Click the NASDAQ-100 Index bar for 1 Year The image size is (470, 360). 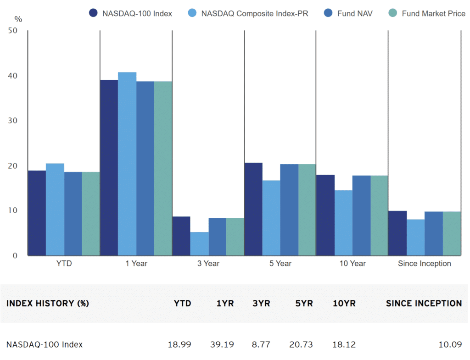point(109,168)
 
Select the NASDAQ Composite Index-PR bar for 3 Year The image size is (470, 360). point(199,244)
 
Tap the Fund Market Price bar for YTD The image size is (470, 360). point(91,214)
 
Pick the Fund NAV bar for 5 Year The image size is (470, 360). point(289,210)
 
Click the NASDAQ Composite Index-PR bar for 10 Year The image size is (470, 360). point(343,223)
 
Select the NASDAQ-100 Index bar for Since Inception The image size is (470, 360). point(397,233)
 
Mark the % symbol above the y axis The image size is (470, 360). point(18,19)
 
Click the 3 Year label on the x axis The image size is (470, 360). point(208,263)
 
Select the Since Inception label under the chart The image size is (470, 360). point(424,263)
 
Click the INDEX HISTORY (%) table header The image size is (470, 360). point(47,304)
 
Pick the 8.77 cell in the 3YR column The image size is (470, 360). point(261,344)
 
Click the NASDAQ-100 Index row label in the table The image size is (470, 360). point(45,344)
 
